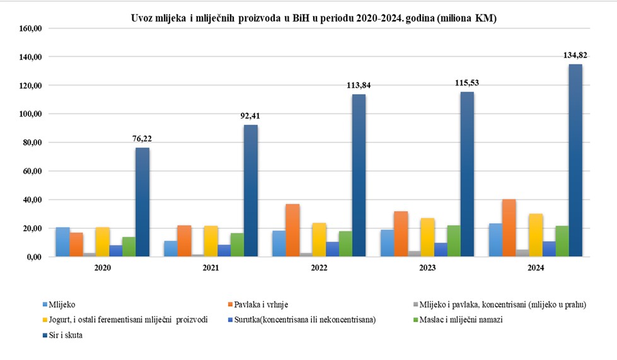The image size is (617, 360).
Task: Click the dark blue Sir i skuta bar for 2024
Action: pos(575,160)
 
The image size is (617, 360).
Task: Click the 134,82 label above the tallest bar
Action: pos(575,55)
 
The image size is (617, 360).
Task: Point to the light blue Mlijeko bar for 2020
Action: pos(62,241)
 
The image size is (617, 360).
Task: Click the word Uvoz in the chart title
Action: pos(144,19)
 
